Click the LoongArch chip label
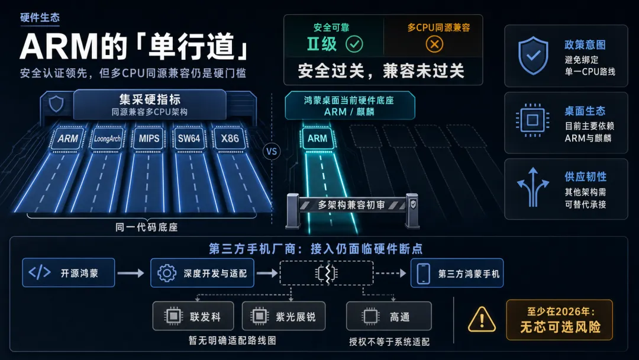(x=108, y=139)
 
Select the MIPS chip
(x=149, y=139)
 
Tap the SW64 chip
(x=189, y=139)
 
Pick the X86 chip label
(x=230, y=139)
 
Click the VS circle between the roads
(x=272, y=152)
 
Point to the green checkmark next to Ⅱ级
(x=354, y=44)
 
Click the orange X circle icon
(x=434, y=44)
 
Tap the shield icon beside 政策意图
(x=533, y=56)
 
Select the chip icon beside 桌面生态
(x=532, y=120)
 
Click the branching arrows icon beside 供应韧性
(x=533, y=187)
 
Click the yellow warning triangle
(x=482, y=319)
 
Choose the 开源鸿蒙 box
(x=69, y=273)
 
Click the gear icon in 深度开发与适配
(x=167, y=273)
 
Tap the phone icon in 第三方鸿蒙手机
(x=424, y=273)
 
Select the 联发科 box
(x=193, y=316)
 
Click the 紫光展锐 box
(x=283, y=316)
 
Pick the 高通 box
(x=389, y=316)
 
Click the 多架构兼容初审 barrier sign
(x=353, y=205)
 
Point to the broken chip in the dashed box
(x=327, y=273)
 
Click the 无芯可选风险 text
(x=560, y=327)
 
